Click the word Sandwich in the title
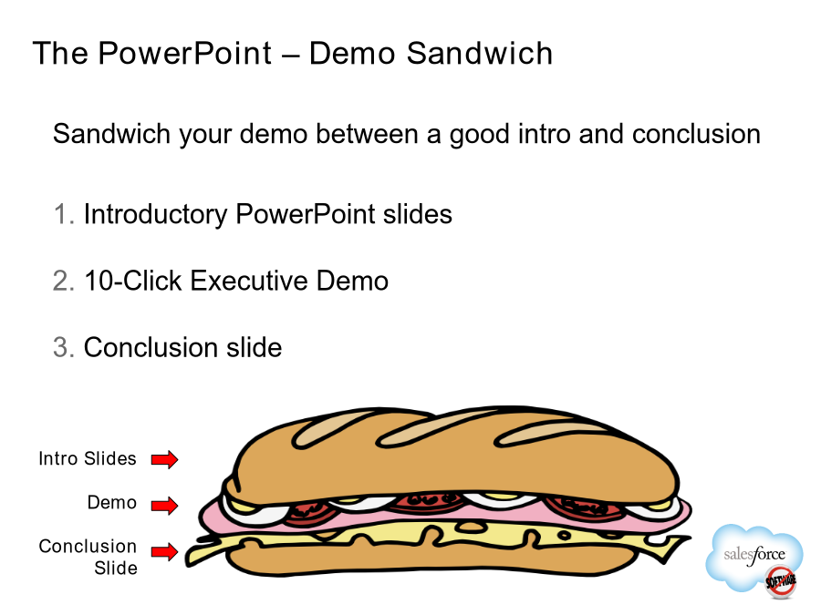[479, 54]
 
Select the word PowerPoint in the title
[185, 54]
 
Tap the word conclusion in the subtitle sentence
[696, 134]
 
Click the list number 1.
[63, 214]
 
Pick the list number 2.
[63, 281]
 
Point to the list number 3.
[63, 348]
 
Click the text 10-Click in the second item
[133, 281]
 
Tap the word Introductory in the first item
[155, 215]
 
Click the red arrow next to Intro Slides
[164, 460]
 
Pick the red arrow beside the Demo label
[164, 506]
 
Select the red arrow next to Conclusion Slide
[164, 551]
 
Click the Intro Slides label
[88, 458]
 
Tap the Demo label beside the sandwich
[112, 503]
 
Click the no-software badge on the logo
[781, 581]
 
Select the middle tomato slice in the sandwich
[427, 503]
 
